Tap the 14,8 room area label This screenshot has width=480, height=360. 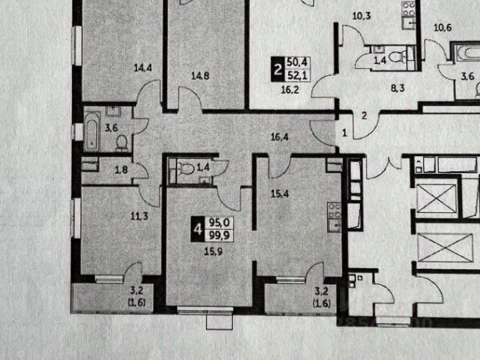(199, 75)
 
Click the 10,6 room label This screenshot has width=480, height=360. (443, 28)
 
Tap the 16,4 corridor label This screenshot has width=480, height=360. (281, 137)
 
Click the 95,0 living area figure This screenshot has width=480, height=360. (220, 221)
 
